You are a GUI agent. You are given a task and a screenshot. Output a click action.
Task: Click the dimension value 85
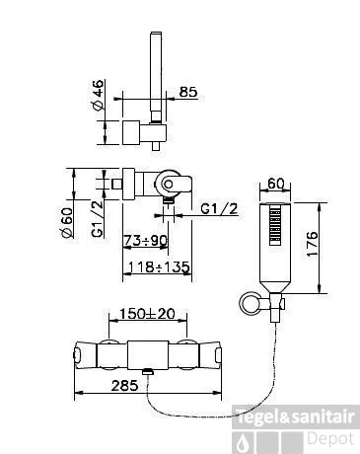[188, 92]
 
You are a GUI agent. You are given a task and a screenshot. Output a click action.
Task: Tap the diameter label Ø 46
[99, 95]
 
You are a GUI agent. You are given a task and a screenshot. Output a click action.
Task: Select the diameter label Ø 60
[67, 222]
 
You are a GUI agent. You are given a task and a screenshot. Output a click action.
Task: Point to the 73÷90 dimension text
[145, 241]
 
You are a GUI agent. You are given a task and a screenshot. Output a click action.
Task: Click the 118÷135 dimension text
[159, 266]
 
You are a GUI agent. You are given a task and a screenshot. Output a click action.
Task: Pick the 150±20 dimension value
[147, 314]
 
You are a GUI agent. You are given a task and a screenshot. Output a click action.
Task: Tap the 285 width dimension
[124, 385]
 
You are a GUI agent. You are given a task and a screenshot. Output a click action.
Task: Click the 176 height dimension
[313, 244]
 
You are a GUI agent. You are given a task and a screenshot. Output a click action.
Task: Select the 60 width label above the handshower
[275, 184]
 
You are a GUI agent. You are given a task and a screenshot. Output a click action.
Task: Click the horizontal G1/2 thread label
[219, 208]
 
